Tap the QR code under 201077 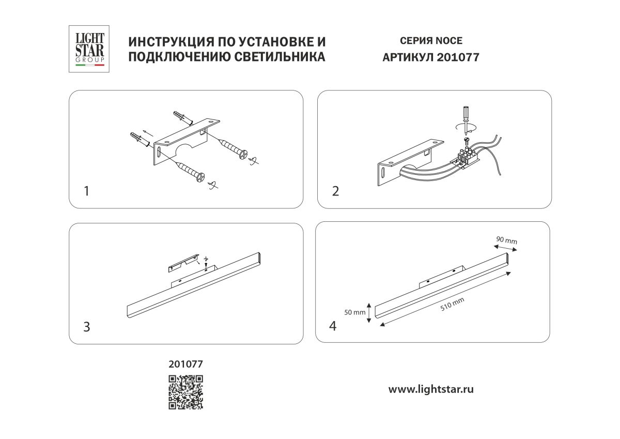185,392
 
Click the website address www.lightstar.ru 431,389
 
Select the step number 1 87,191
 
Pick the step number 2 336,191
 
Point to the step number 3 87,327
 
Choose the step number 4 333,326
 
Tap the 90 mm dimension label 506,240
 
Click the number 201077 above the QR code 186,364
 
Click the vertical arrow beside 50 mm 368,312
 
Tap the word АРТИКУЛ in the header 407,57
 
